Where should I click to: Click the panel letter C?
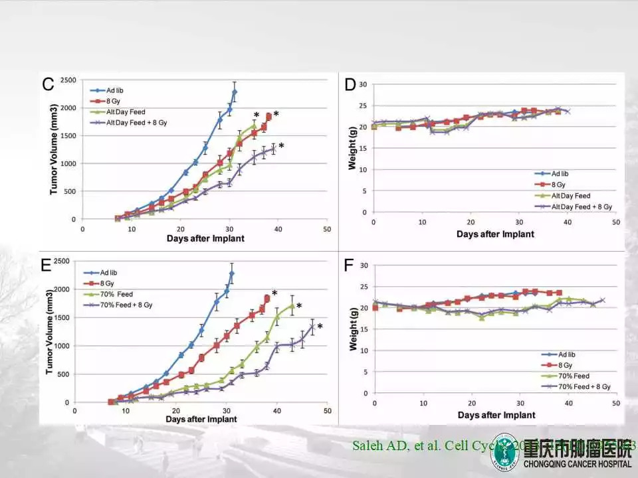[48, 85]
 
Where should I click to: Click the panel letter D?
[351, 85]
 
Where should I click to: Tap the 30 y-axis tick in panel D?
[363, 84]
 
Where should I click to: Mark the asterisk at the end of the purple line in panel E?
[320, 327]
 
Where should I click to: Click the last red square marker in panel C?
[269, 117]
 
